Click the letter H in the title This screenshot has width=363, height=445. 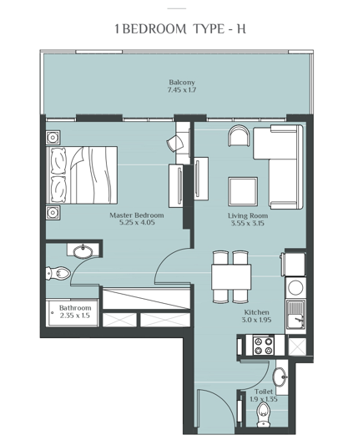(x=240, y=29)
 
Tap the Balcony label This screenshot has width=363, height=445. (x=182, y=82)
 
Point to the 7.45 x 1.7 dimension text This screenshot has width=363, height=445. (x=182, y=90)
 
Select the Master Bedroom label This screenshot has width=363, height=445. (x=136, y=215)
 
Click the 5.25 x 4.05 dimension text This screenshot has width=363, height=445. (x=136, y=224)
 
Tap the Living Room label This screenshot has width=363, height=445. (x=246, y=215)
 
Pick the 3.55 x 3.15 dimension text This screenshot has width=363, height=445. (x=246, y=224)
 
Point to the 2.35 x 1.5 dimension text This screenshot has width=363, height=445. (x=74, y=316)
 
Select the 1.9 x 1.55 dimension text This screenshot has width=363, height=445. (x=263, y=398)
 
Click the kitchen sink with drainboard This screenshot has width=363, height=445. (x=295, y=316)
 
